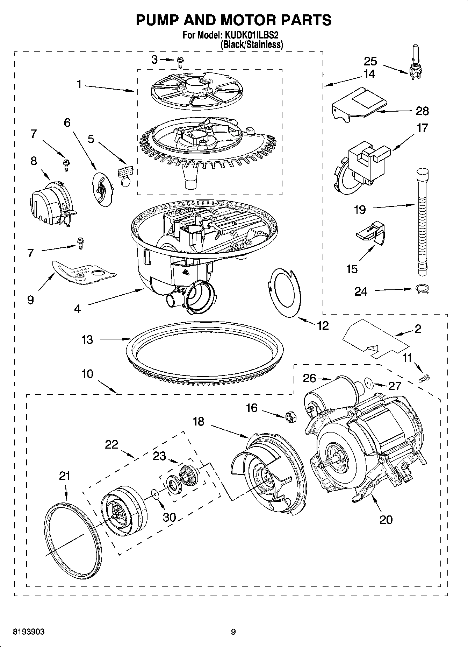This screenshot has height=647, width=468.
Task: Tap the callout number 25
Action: pos(370,61)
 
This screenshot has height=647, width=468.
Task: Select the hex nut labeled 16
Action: pos(290,417)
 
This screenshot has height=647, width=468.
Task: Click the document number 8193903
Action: pos(29,632)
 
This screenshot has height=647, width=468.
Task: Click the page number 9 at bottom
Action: pos(233,632)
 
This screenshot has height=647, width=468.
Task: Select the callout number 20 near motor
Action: pos(386,519)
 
